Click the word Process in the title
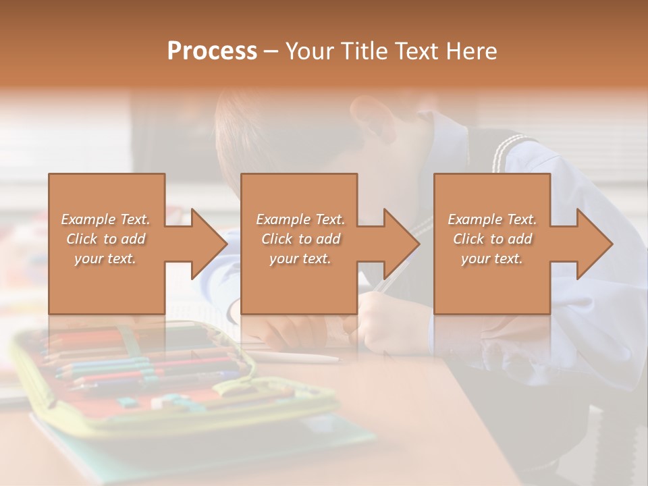click(x=212, y=51)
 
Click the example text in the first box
click(x=106, y=239)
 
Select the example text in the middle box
click(x=300, y=239)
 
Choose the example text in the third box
click(x=492, y=239)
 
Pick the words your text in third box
click(x=492, y=259)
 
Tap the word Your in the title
click(x=307, y=51)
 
